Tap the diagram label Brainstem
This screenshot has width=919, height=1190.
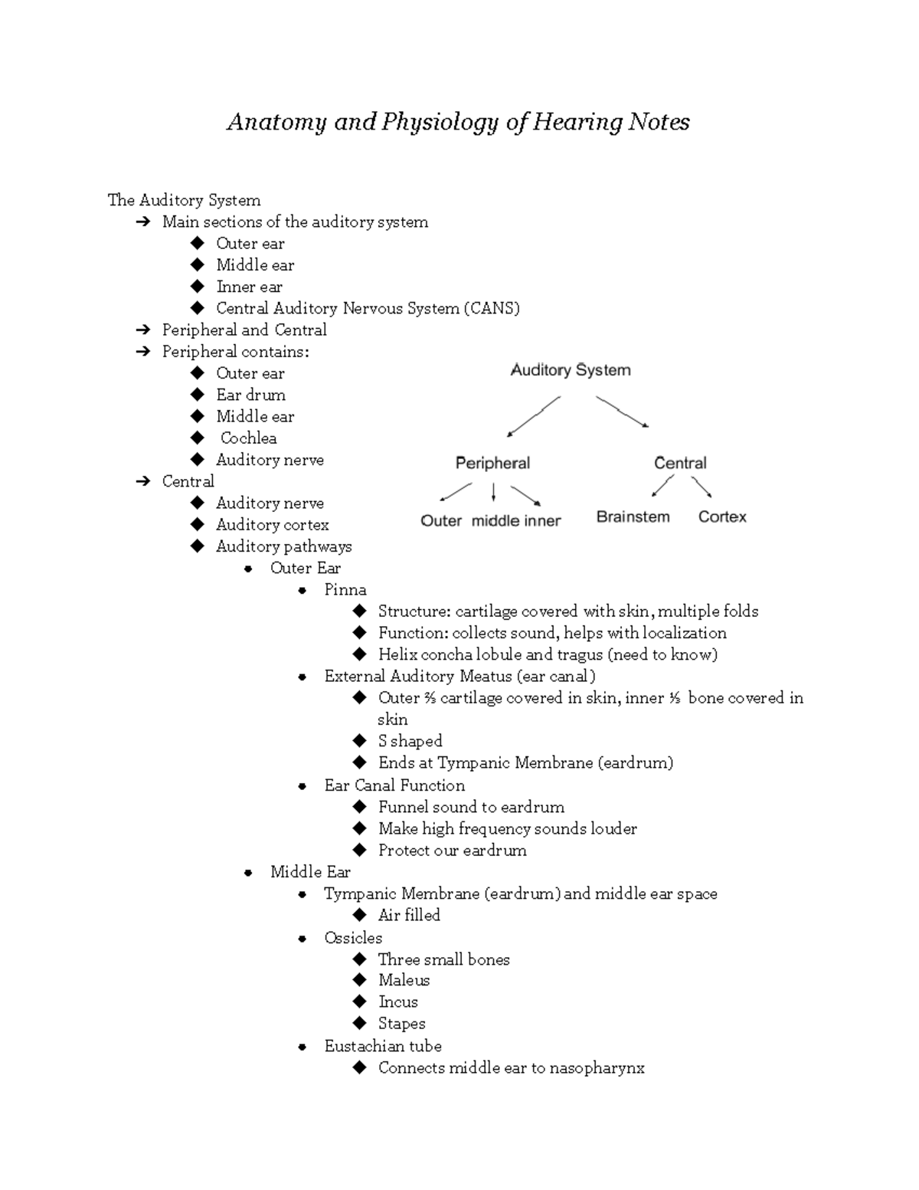pos(633,517)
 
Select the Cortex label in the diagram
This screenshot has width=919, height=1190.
pos(721,517)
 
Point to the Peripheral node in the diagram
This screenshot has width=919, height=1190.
pos(492,463)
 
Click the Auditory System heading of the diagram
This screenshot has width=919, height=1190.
pos(571,370)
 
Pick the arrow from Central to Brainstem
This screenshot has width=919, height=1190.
pos(662,486)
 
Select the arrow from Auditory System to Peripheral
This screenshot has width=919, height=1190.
pos(534,416)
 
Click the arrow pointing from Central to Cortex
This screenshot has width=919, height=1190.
pos(702,487)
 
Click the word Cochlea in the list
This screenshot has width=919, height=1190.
pos(248,438)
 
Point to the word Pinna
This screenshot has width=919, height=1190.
pos(345,589)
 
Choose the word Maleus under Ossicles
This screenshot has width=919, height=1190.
pos(404,980)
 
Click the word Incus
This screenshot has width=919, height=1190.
pos(397,1002)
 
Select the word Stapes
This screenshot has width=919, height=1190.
pos(401,1024)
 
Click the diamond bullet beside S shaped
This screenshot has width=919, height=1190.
pos(360,740)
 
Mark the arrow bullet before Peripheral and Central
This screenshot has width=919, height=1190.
pos(143,330)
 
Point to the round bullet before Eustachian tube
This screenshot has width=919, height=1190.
pos(303,1047)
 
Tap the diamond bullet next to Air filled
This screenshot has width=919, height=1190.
pos(360,915)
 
